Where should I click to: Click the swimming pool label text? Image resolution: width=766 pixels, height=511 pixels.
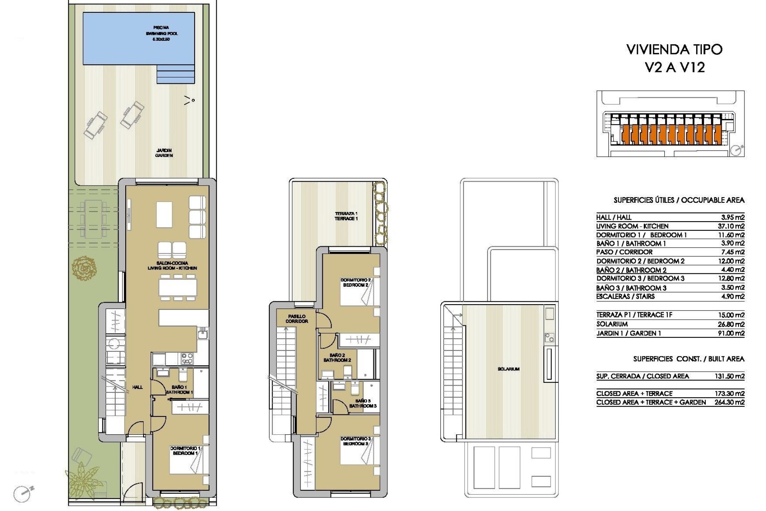pos(162,34)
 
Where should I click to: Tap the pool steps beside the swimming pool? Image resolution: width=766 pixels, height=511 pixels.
pos(176,75)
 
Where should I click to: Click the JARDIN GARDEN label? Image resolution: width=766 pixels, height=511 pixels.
pos(164,153)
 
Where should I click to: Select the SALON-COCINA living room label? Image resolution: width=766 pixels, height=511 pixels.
pos(172,266)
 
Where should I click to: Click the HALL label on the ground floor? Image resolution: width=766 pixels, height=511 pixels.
pos(137,387)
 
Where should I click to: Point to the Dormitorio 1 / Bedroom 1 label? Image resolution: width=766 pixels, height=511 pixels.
pos(185,451)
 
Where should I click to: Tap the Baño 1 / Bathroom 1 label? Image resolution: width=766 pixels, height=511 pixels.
pos(179,390)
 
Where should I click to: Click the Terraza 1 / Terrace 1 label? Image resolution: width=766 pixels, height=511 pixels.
pos(346,216)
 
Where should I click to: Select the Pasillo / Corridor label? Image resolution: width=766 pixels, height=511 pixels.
pos(296,319)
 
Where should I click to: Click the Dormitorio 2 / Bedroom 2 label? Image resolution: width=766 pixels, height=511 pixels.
pos(355,283)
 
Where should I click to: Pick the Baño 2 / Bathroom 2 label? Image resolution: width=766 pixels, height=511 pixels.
pos(337,358)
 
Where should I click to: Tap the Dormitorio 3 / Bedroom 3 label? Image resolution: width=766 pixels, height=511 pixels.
pos(355,441)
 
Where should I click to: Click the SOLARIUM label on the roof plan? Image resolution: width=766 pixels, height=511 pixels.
pos(508,369)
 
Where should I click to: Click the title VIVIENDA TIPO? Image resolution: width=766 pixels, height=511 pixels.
pos(674,50)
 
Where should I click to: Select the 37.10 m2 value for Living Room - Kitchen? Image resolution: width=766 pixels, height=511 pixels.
pos(731,226)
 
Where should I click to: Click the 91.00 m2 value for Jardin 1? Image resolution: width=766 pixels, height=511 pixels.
pos(731,333)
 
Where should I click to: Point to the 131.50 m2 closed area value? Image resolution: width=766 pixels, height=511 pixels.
pos(729,376)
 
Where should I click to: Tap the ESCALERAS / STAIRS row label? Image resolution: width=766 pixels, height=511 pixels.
pos(625,297)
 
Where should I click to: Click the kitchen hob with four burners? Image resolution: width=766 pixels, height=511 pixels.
pos(187,359)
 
